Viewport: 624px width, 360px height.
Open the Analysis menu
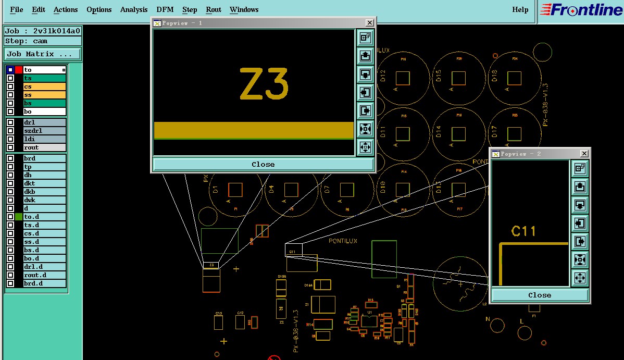pyautogui.click(x=134, y=9)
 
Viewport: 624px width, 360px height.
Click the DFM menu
pyautogui.click(x=165, y=9)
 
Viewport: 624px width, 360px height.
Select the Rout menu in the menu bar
pyautogui.click(x=214, y=9)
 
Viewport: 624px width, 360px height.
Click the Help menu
pyautogui.click(x=520, y=9)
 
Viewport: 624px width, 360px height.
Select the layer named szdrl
pyautogui.click(x=44, y=131)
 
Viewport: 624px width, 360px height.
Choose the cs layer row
pyautogui.click(x=44, y=86)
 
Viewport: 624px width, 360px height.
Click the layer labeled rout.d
pyautogui.click(x=44, y=275)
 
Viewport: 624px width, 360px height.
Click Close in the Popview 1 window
pyautogui.click(x=263, y=164)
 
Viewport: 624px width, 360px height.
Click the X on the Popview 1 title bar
pyautogui.click(x=369, y=23)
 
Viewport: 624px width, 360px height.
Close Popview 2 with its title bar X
pyautogui.click(x=584, y=154)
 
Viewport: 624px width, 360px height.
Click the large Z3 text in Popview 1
pyautogui.click(x=264, y=84)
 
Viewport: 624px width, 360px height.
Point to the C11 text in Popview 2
pyautogui.click(x=523, y=231)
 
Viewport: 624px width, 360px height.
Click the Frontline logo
pyautogui.click(x=581, y=10)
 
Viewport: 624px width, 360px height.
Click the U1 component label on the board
pyautogui.click(x=369, y=312)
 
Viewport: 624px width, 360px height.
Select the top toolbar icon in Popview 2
pyautogui.click(x=580, y=168)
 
